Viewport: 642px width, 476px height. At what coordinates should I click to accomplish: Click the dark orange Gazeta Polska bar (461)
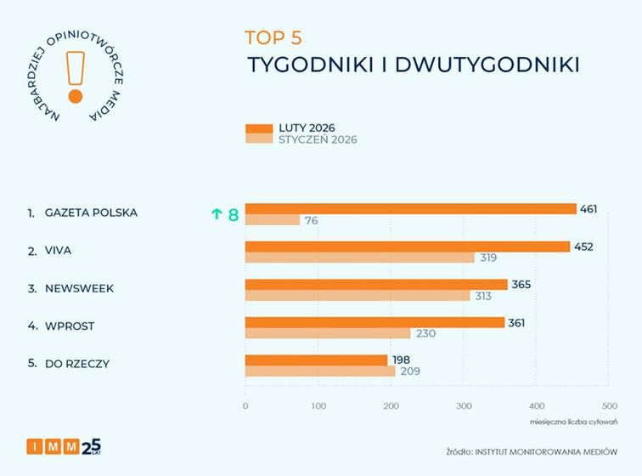coord(410,209)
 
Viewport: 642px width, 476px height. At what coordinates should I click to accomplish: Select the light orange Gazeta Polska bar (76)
coord(273,220)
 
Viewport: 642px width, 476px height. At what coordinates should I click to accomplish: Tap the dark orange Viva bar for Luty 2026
coord(407,246)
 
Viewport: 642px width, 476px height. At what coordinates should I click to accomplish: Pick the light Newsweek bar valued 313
coord(358,295)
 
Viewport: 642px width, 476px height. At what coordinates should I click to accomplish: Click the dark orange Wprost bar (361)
coord(375,322)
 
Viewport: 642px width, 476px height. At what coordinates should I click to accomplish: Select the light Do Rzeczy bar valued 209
coord(320,371)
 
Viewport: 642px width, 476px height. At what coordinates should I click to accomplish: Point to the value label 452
coord(583,246)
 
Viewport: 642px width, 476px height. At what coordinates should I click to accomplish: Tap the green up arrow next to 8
coord(217,215)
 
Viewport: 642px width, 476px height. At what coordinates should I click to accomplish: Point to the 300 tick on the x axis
coord(464,406)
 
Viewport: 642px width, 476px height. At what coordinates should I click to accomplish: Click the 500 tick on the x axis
coord(609,406)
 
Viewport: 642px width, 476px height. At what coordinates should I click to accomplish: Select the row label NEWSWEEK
coord(79,288)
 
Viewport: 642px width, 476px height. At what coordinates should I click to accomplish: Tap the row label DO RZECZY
coord(77,364)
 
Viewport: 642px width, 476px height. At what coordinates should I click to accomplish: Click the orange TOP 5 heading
coord(273,37)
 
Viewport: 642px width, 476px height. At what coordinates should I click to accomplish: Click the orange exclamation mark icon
coord(75,75)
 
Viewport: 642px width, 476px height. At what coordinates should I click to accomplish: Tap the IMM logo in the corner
coord(64,445)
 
